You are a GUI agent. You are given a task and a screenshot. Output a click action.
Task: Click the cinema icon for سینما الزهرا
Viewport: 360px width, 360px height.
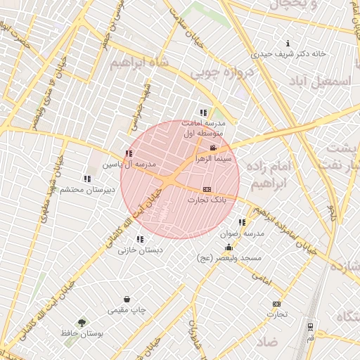[213, 147]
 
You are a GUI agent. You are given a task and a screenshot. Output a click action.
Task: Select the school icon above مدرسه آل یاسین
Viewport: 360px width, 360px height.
[128, 153]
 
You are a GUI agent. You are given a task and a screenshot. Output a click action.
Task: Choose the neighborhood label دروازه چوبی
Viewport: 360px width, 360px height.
[224, 72]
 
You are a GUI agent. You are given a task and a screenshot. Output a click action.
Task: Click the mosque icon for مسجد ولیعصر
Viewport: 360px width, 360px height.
[229, 247]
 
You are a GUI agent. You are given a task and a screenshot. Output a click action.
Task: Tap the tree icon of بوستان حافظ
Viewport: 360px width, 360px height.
[83, 323]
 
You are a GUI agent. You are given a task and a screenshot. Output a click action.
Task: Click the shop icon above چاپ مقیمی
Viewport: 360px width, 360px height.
[127, 299]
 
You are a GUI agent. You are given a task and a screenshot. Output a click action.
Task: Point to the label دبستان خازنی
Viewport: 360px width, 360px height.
[140, 250]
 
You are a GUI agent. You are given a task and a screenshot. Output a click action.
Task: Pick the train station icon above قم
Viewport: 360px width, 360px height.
[310, 327]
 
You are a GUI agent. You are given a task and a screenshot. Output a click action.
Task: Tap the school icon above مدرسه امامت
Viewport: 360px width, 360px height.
[203, 112]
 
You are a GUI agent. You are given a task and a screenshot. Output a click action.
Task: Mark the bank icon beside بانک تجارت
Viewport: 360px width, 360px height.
[207, 189]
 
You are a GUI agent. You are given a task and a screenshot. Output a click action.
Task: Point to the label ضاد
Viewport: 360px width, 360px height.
[268, 342]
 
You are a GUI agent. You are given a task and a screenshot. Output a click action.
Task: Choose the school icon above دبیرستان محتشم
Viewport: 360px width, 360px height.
[87, 179]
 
